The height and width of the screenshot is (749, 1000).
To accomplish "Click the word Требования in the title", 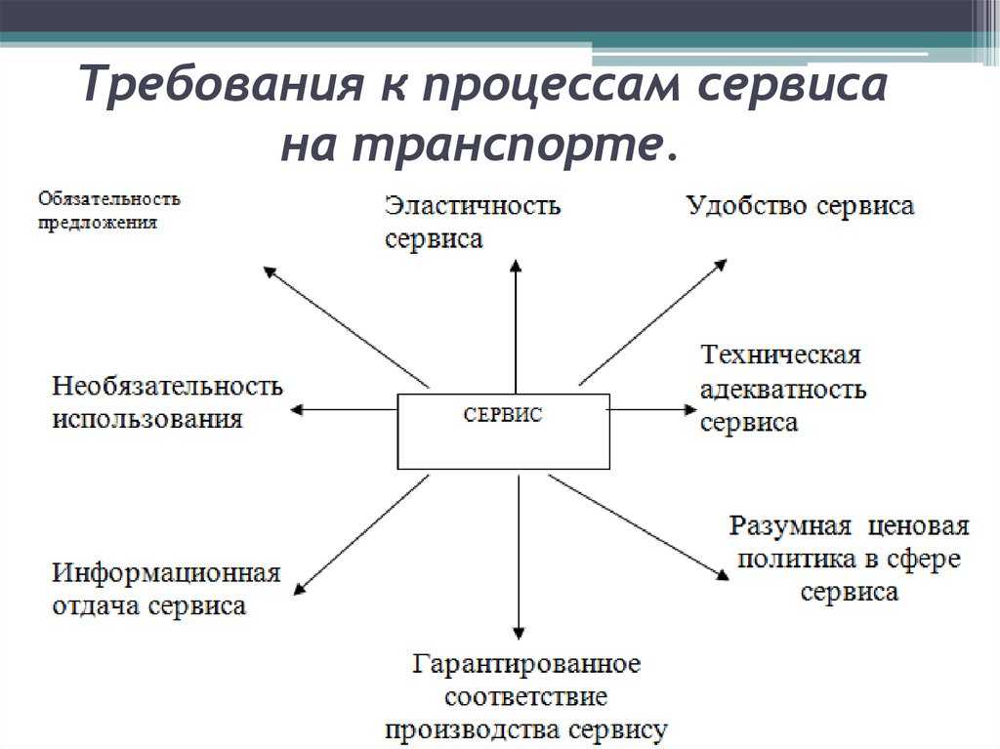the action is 223,83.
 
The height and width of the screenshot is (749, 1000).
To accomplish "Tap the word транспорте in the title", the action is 505,146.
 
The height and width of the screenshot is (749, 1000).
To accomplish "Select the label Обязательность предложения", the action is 109,211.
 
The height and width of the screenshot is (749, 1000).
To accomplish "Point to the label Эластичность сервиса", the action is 473,222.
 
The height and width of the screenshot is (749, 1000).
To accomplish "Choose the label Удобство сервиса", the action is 800,205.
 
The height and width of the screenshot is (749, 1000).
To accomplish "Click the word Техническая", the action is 780,354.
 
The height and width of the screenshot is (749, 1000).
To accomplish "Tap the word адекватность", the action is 783,390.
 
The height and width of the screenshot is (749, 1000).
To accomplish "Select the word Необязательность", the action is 167,386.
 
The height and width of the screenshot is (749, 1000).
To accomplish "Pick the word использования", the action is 147,420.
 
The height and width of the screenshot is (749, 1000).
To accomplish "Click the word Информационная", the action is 166,573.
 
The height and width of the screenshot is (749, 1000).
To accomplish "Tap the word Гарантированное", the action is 526,663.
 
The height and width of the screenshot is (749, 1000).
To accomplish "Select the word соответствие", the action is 525,696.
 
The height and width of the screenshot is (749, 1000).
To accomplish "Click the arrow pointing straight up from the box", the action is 516,326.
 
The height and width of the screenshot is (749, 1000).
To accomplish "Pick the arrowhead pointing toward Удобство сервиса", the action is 722,264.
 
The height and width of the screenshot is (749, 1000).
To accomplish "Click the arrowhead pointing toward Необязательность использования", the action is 296,409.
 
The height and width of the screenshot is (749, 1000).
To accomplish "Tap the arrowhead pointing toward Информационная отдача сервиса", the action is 300,588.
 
